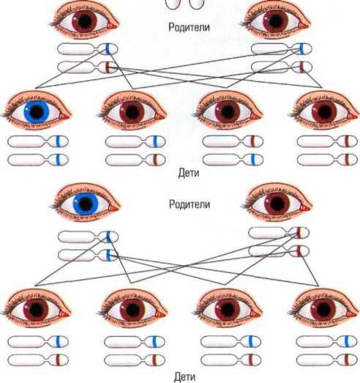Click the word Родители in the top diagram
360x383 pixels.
(x=189, y=27)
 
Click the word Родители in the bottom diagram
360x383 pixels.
(x=190, y=204)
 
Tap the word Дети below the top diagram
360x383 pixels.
(x=189, y=173)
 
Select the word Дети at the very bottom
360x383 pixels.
(x=185, y=377)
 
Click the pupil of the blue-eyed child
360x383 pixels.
(x=37, y=112)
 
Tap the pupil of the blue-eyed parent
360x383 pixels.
(x=85, y=204)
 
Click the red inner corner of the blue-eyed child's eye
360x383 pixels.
(x=64, y=116)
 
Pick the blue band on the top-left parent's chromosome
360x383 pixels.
(x=108, y=49)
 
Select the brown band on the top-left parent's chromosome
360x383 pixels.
(x=108, y=67)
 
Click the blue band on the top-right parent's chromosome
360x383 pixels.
(x=301, y=49)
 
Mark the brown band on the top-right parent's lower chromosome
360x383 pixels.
(x=301, y=67)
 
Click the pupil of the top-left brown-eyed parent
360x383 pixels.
(x=84, y=21)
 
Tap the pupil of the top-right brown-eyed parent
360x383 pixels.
(x=275, y=21)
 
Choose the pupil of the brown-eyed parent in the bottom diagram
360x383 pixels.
(x=277, y=204)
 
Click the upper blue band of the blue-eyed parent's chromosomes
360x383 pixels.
(x=108, y=237)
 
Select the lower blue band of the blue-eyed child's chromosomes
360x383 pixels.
(x=58, y=160)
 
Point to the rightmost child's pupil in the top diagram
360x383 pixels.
(x=324, y=112)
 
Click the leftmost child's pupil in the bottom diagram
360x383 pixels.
(x=37, y=310)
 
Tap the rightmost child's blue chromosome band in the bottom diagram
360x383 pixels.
(x=347, y=341)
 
